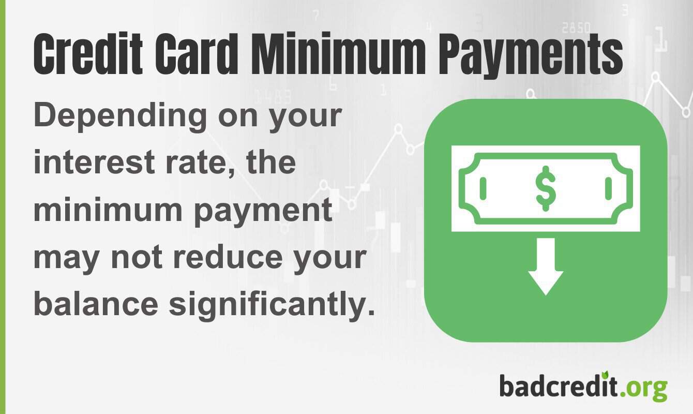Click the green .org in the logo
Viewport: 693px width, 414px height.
[644, 387]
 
